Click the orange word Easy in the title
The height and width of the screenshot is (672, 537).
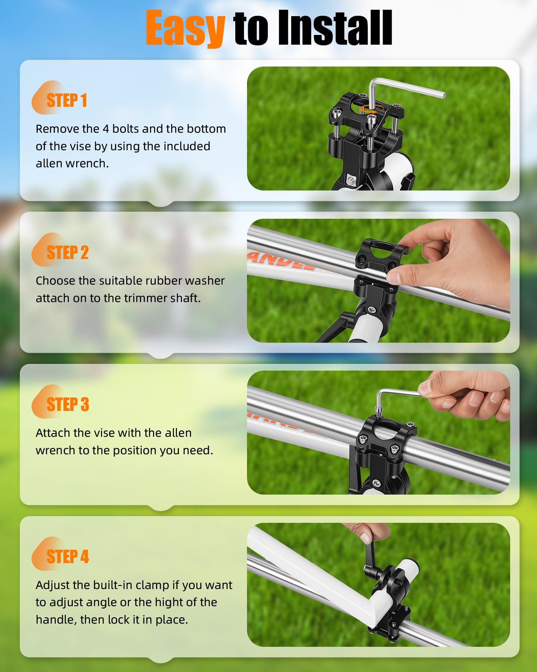[185, 28]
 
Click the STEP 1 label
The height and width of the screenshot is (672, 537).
[67, 100]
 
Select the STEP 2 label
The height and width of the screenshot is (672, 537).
[67, 252]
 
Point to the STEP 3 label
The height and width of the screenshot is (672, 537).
[68, 404]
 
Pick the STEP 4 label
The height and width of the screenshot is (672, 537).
[68, 556]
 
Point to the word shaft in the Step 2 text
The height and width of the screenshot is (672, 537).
[185, 298]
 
